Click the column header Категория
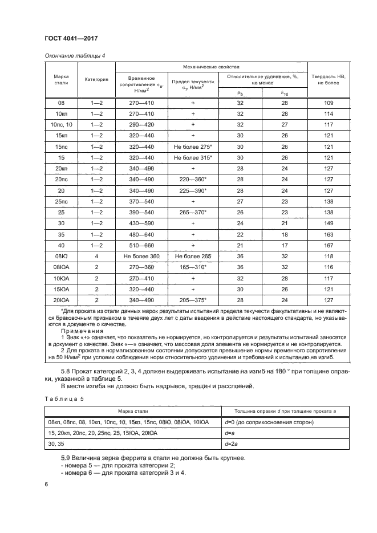point(96,79)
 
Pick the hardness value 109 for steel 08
point(328,103)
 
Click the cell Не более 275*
point(193,147)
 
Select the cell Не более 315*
point(193,157)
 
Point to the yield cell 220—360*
point(193,179)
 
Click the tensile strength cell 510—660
point(140,245)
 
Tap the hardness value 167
point(328,245)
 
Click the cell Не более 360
point(140,256)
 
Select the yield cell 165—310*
point(193,267)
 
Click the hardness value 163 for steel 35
point(328,234)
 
